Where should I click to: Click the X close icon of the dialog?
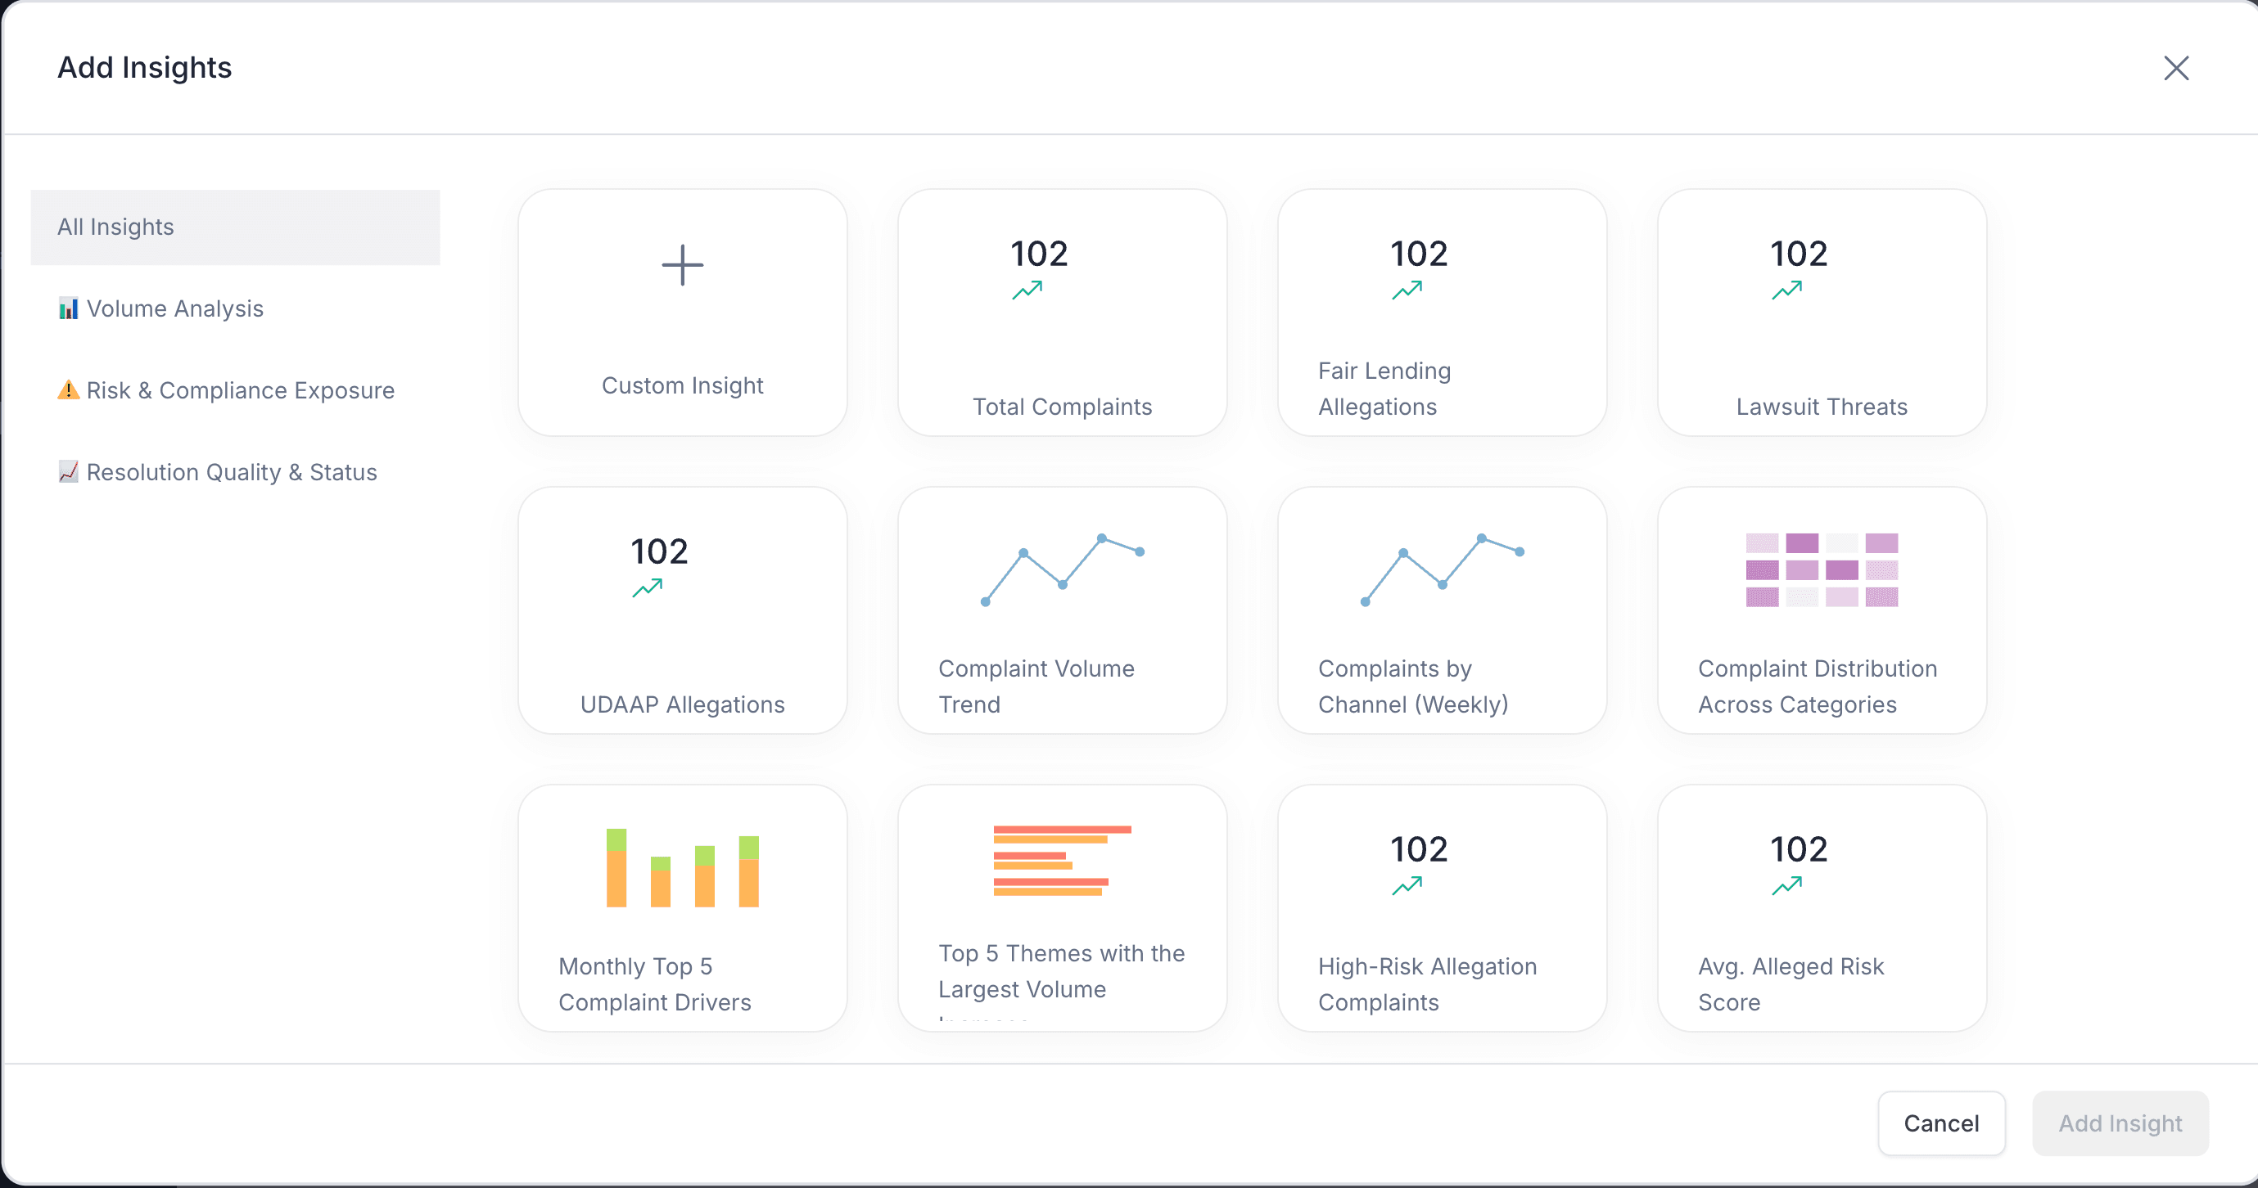pyautogui.click(x=2175, y=69)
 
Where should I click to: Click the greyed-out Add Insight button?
pyautogui.click(x=2120, y=1123)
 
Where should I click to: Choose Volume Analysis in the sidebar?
pyautogui.click(x=174, y=308)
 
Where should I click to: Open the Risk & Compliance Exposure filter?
pyautogui.click(x=239, y=391)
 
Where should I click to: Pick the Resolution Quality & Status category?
pyautogui.click(x=231, y=472)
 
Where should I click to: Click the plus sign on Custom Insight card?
pyautogui.click(x=682, y=265)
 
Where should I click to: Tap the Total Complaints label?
pyautogui.click(x=1062, y=407)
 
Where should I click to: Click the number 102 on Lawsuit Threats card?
pyautogui.click(x=1798, y=254)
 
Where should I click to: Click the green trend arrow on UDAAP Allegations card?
pyautogui.click(x=647, y=588)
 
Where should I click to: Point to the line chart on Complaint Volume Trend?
pyautogui.click(x=1062, y=569)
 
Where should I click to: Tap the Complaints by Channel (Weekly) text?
pyautogui.click(x=1412, y=687)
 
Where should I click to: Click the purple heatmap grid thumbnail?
pyautogui.click(x=1821, y=569)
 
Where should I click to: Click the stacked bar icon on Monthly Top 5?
pyautogui.click(x=682, y=867)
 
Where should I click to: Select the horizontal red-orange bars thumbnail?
pyautogui.click(x=1062, y=861)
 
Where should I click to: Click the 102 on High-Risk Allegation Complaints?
pyautogui.click(x=1418, y=850)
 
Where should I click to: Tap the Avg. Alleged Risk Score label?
pyautogui.click(x=1790, y=984)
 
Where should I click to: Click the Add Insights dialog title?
pyautogui.click(x=145, y=67)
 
